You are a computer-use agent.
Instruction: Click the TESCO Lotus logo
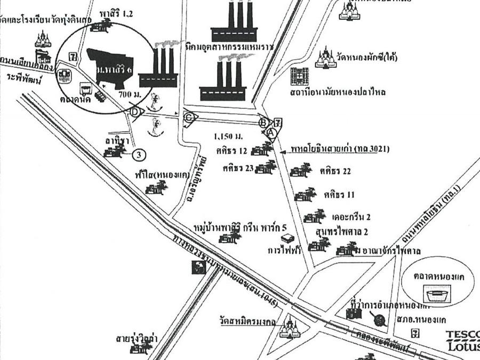click(462, 340)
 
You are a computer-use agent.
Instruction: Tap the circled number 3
click(138, 155)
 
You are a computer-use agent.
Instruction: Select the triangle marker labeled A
click(270, 131)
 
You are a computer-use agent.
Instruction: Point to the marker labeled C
click(188, 118)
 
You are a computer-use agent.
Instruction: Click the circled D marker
click(135, 112)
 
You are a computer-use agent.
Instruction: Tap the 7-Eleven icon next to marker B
click(278, 122)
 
